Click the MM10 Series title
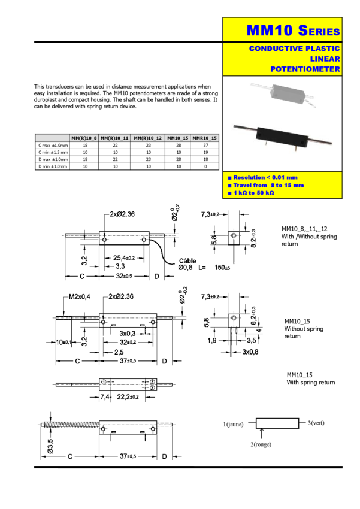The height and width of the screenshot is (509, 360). coord(293,30)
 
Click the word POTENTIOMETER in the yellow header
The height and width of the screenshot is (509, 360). coord(305,69)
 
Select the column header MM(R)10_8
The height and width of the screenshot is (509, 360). coord(83,138)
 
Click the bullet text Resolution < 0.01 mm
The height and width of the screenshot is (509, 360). coord(265,178)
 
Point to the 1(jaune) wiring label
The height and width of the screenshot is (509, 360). coord(234,425)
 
